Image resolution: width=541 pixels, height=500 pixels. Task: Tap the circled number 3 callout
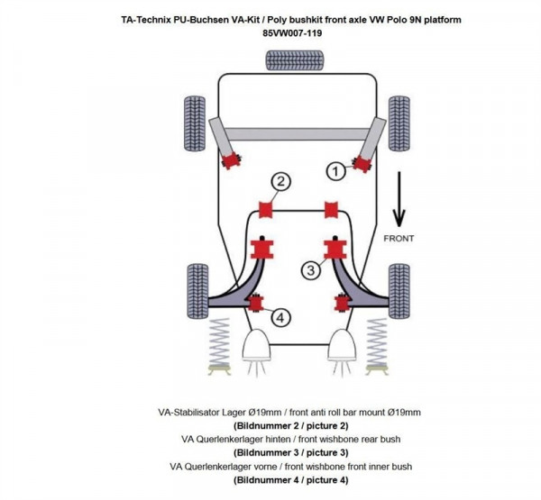coord(309,268)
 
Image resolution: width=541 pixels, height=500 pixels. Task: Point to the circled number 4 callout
coord(280,317)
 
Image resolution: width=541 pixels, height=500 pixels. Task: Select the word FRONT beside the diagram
coord(399,239)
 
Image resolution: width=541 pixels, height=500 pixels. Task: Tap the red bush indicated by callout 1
coord(363,162)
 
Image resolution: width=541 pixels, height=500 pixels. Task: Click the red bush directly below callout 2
coord(267,210)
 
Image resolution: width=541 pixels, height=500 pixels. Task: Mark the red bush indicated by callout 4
coord(256,302)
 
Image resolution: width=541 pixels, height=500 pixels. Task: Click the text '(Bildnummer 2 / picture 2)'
coord(289,424)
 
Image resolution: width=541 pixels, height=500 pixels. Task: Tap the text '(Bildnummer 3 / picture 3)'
coord(289,452)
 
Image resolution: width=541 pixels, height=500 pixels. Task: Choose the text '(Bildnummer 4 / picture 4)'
coord(289,480)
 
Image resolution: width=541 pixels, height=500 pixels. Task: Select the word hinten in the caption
coord(273,439)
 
